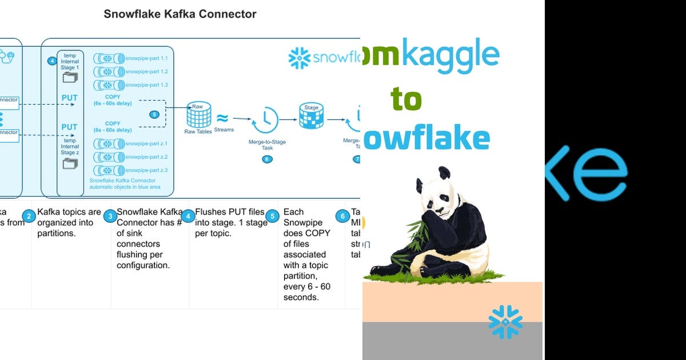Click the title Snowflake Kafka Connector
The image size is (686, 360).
click(x=180, y=14)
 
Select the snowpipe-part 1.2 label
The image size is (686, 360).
click(x=146, y=71)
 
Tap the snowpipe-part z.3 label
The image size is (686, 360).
click(x=146, y=170)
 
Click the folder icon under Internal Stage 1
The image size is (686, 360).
click(x=70, y=78)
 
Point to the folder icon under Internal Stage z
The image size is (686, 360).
click(x=70, y=165)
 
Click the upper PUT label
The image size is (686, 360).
click(x=69, y=98)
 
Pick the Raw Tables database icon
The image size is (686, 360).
click(x=198, y=117)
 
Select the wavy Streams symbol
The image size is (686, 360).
click(x=222, y=118)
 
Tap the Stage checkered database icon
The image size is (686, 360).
click(x=311, y=116)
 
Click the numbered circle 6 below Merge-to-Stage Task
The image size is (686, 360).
click(x=267, y=159)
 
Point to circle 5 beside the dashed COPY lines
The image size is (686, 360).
click(x=154, y=114)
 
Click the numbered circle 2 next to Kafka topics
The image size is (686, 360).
click(x=28, y=216)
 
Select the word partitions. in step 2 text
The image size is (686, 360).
click(x=55, y=233)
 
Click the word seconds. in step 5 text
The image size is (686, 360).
click(x=302, y=297)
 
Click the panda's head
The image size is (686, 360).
click(x=436, y=191)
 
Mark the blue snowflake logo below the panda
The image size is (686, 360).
click(x=505, y=322)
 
